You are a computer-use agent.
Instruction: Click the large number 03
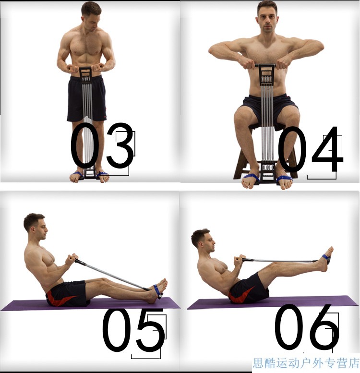[x=103, y=145]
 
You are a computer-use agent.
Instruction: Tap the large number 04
[x=310, y=149]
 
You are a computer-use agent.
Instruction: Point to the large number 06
[x=307, y=327]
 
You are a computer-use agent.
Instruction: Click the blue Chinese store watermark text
[x=306, y=363]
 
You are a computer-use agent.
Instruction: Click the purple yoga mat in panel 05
[x=90, y=304]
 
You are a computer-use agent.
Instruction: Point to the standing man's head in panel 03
[x=91, y=16]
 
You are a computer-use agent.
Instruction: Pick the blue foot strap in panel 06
[x=326, y=259]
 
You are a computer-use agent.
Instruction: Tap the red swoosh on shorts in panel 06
[x=241, y=294]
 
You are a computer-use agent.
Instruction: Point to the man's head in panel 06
[x=203, y=241]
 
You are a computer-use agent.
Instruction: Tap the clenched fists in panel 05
[x=72, y=259]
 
